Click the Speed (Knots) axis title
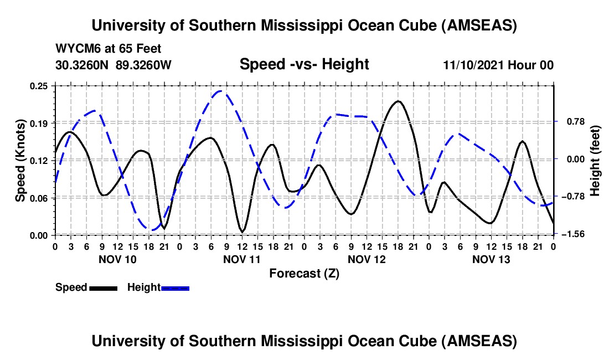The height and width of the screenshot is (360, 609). pos(20,160)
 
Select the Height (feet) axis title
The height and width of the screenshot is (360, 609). pos(595,160)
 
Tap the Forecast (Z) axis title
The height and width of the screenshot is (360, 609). pos(304,273)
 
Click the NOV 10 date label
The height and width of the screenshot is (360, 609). pos(117,259)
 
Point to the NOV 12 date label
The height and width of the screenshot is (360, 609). pos(366,259)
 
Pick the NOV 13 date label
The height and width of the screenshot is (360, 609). pos(491,259)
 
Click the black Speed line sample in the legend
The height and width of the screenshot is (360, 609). pos(103,287)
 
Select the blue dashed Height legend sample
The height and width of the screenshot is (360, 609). pos(176,287)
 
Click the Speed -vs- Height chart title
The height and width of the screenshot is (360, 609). pos(304,64)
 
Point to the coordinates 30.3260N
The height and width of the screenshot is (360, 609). pos(83,65)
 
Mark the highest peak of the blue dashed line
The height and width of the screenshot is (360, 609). pos(221,91)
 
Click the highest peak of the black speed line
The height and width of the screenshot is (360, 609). pos(398,101)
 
